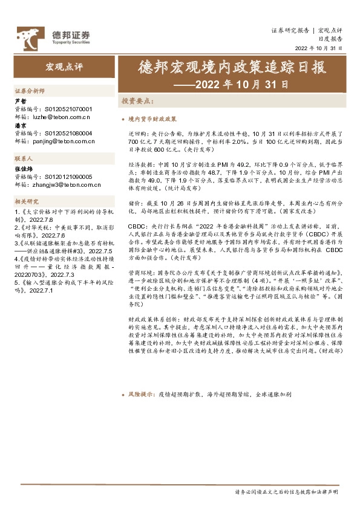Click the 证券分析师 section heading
click(x=30, y=90)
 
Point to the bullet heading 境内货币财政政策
click(x=153, y=120)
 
